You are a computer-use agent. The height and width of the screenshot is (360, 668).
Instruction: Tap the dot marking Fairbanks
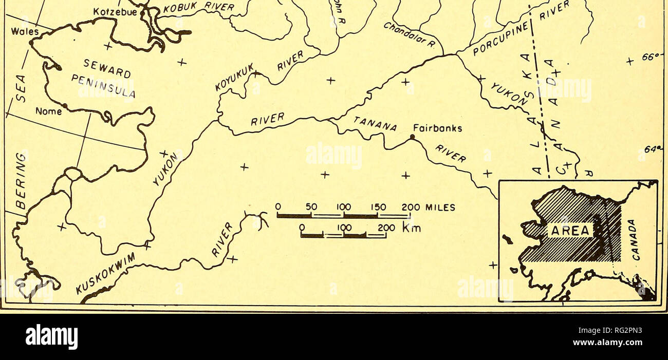[x=412, y=137]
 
